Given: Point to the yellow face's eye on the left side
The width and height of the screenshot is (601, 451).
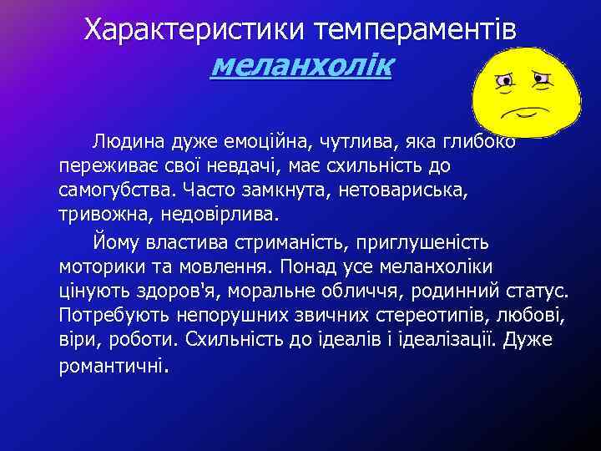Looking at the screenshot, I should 504,80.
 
